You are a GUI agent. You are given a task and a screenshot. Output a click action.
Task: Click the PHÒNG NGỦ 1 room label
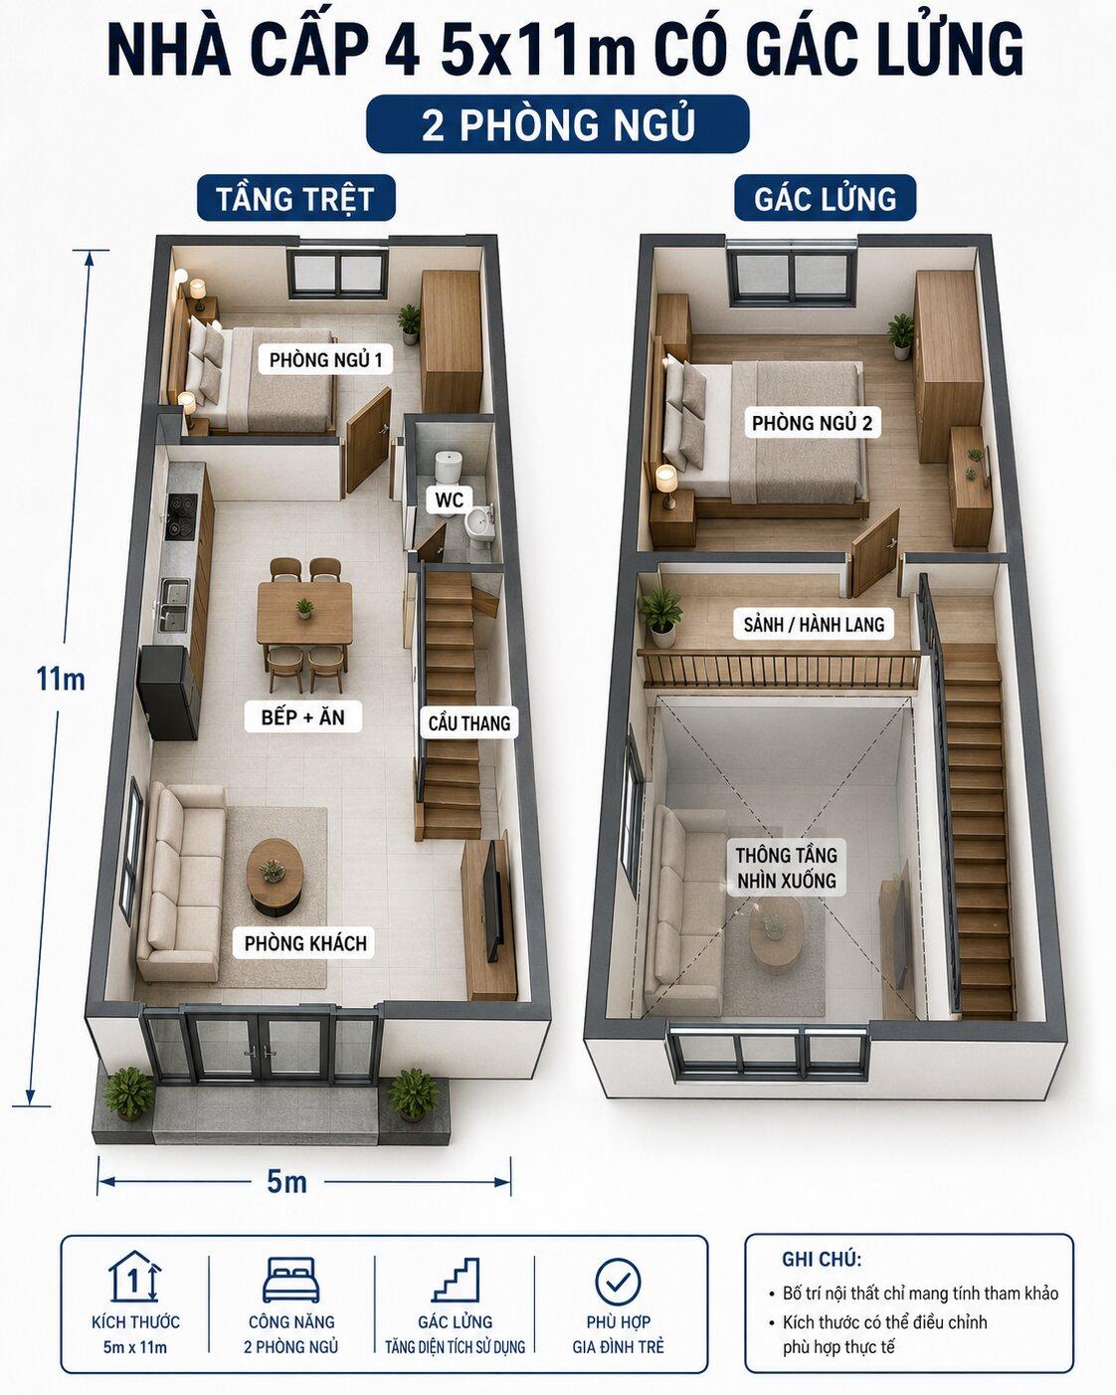[325, 360]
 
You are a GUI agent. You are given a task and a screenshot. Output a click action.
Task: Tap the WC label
[450, 499]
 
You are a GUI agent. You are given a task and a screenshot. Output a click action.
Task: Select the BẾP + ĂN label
[302, 717]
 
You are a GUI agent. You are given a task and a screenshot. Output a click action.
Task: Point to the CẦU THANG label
[469, 722]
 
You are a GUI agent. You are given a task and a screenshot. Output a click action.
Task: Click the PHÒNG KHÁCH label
[306, 943]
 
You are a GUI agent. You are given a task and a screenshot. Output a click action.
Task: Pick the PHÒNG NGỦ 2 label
[812, 423]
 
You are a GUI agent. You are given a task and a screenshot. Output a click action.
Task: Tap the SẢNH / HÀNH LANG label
[814, 624]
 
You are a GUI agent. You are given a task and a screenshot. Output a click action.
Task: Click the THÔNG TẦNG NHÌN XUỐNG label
[786, 868]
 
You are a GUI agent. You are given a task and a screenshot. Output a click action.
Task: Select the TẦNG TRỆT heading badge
[295, 198]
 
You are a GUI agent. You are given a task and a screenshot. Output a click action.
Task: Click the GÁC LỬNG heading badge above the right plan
[825, 198]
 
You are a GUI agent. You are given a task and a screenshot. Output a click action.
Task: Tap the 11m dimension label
[61, 680]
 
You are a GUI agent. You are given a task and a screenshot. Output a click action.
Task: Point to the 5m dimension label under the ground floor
[286, 1181]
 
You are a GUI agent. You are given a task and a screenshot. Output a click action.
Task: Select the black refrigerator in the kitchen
[167, 692]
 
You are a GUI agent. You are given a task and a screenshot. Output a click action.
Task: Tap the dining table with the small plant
[304, 613]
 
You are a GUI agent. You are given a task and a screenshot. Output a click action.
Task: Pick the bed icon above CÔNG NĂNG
[291, 1281]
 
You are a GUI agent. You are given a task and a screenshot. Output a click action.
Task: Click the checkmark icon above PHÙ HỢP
[618, 1282]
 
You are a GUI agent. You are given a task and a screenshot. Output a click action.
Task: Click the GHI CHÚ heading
[822, 1260]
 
